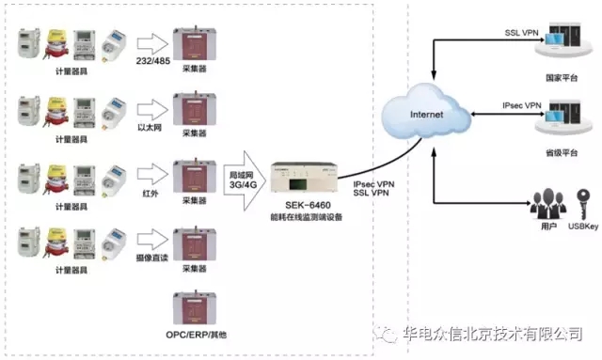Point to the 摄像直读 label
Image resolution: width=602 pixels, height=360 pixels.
click(x=150, y=255)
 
